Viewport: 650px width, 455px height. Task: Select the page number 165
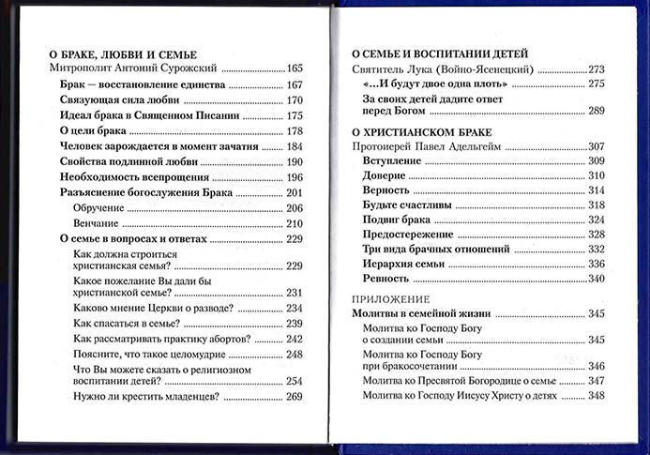[x=295, y=69]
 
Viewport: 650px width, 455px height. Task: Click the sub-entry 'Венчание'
[x=96, y=223]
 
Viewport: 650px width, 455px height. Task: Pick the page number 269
[x=295, y=397]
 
